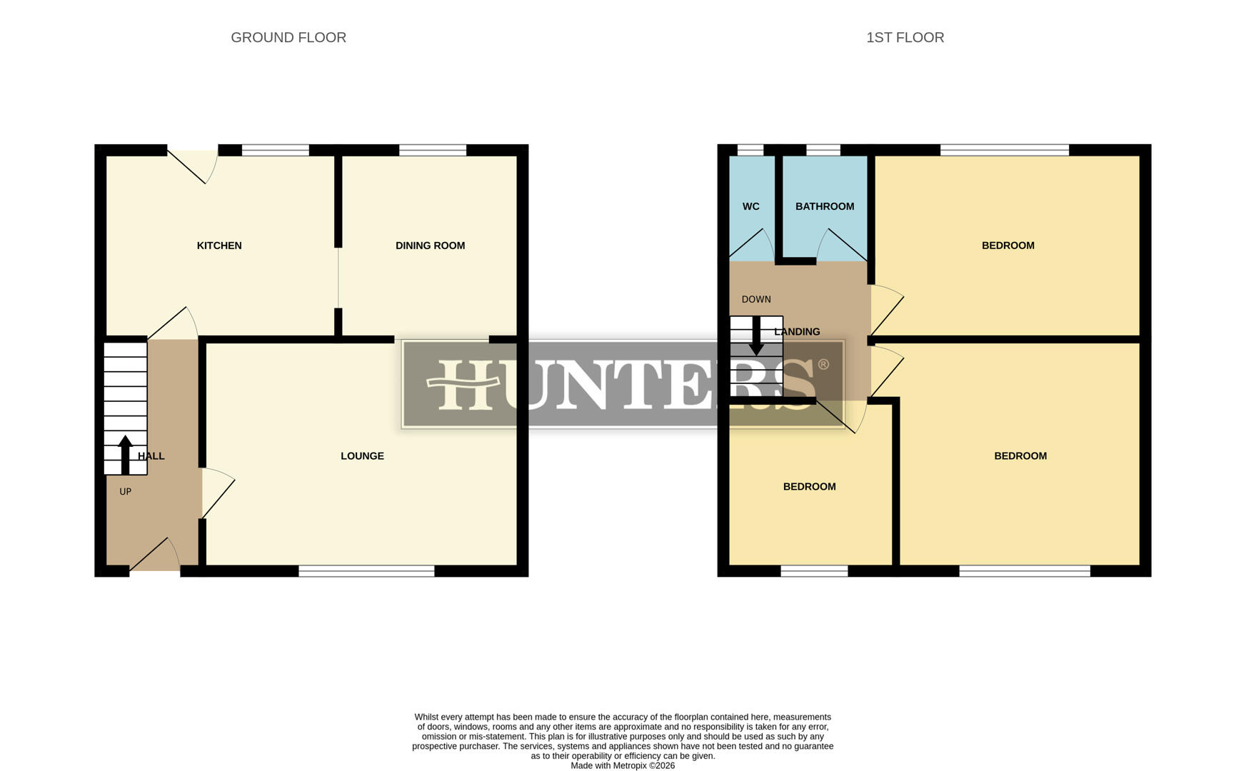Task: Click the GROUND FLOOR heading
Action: pos(288,38)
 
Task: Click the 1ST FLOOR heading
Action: pos(905,38)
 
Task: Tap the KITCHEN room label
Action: pos(219,246)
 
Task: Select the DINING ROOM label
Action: pos(430,246)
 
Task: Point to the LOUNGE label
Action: pos(362,456)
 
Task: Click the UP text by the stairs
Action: pos(125,492)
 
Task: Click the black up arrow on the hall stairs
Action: pos(125,454)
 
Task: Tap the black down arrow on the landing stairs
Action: pos(755,336)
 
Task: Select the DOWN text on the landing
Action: pos(756,300)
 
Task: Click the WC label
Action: pos(750,207)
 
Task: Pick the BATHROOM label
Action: pos(825,207)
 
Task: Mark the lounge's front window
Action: pos(366,571)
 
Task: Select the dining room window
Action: pos(432,150)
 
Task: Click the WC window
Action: pos(750,150)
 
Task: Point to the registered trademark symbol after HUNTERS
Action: pos(823,365)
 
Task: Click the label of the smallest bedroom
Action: pos(809,487)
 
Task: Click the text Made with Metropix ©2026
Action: pos(623,765)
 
